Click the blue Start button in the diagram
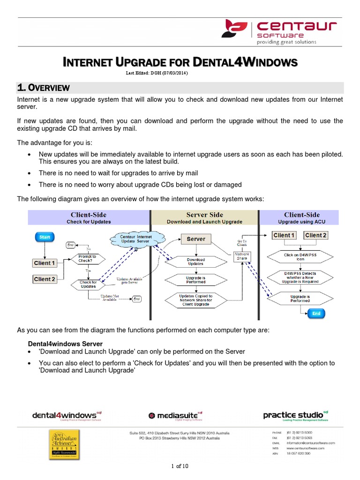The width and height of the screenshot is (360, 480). pos(45,237)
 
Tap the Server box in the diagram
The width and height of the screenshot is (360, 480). pos(196,239)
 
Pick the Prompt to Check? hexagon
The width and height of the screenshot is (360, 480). pos(88,259)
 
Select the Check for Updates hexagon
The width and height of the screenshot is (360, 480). pos(88,285)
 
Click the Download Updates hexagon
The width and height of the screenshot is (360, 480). pos(195,262)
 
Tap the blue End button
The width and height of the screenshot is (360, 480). pos(316,314)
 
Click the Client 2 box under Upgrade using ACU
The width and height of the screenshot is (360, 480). pos(316,235)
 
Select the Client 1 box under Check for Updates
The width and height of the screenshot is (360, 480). pos(45,263)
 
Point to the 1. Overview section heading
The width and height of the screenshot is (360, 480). pos(44,88)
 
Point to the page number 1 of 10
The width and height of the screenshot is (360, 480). pos(180,466)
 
